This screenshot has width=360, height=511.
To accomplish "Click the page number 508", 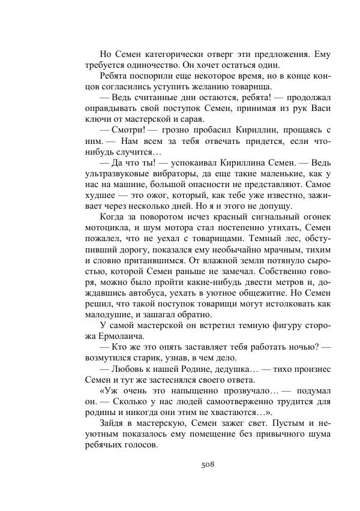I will pyautogui.click(x=208, y=464).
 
